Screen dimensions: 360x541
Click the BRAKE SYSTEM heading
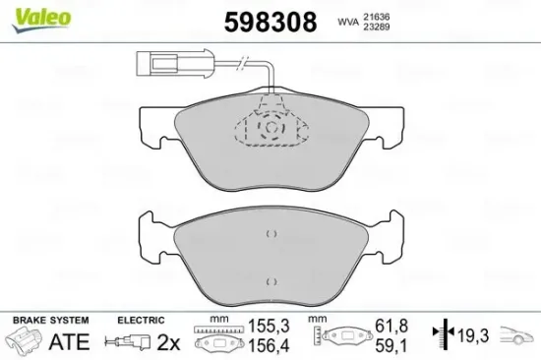click(49, 321)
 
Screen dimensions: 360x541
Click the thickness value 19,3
click(472, 335)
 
